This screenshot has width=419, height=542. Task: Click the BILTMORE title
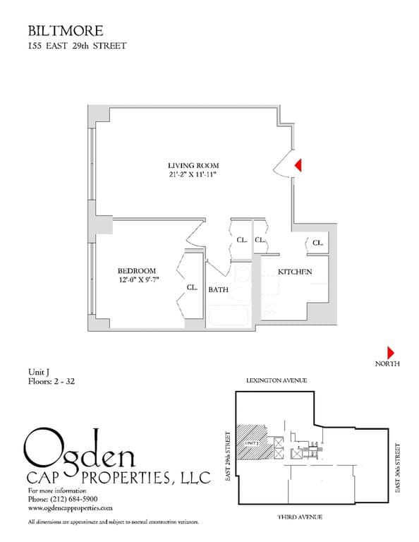pos(66,30)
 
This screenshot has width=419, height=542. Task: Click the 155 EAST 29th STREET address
pos(77,47)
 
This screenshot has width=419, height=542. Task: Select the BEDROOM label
pos(137,271)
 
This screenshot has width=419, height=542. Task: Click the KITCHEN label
pos(295,272)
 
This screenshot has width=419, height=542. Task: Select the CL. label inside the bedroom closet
pos(192,287)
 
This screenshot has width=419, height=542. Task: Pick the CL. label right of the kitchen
pos(317,243)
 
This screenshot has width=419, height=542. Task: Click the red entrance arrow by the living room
pos(298,164)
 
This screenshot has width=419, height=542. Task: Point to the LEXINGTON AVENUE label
pos(277,380)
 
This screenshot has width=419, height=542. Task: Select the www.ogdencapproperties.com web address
pos(71,507)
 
